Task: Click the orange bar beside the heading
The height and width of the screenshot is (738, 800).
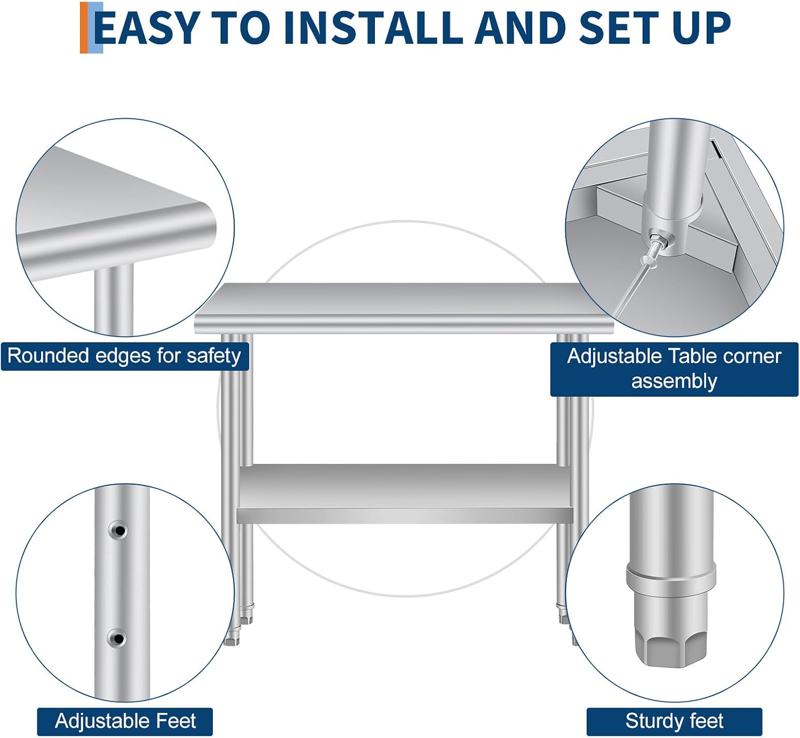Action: coord(84,27)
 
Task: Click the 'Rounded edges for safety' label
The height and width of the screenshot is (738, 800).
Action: coord(124,356)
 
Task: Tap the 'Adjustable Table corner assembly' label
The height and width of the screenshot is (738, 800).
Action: coord(674,369)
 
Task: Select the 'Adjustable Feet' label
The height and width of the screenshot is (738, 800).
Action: coord(125,721)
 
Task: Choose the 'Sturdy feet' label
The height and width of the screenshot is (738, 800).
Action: coord(674,721)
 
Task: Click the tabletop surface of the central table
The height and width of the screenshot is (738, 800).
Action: coord(404,300)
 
